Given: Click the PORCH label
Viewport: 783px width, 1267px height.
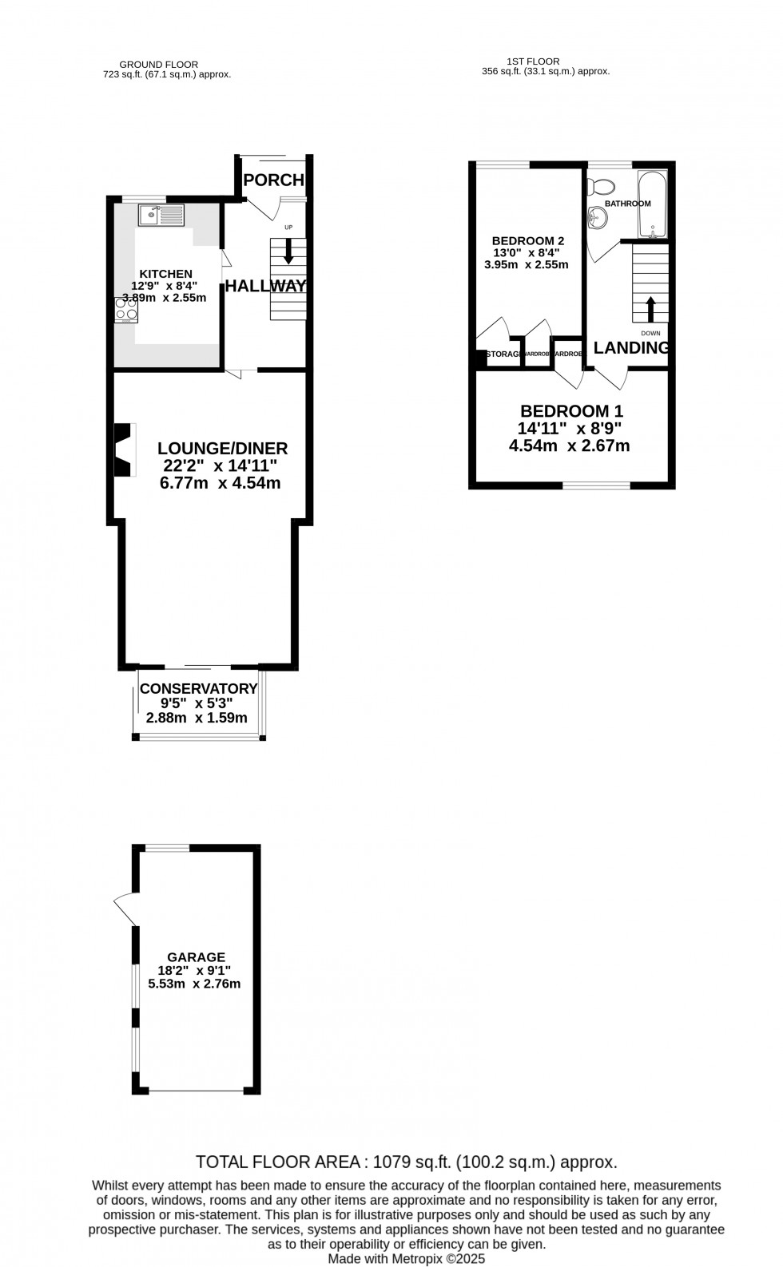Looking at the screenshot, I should click(x=274, y=180).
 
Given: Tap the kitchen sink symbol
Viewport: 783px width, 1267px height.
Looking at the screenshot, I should click(x=161, y=215).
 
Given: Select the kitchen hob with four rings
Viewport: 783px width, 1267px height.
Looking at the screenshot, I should click(x=126, y=309).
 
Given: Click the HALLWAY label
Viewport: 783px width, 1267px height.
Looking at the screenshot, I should click(x=266, y=286).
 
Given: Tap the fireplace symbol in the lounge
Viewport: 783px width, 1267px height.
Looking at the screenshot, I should click(x=123, y=449).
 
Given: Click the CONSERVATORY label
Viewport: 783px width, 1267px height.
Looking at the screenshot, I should click(x=198, y=689).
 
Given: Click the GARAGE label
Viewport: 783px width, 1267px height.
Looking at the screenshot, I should click(x=197, y=957).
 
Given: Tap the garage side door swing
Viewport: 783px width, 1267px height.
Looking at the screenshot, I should click(x=125, y=909).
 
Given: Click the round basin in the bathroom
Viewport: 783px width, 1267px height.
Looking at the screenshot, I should click(x=596, y=216).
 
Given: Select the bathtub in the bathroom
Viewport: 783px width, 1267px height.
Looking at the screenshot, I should click(x=652, y=204).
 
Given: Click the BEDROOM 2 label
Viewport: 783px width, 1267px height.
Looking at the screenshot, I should click(x=528, y=240).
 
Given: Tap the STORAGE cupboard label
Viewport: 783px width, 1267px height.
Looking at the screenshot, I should click(x=503, y=354).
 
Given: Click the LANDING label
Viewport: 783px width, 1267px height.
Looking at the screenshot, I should click(x=630, y=348).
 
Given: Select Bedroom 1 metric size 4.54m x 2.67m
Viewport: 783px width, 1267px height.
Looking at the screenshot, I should click(x=569, y=445).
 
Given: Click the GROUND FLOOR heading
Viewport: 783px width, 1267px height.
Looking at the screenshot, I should click(x=158, y=65).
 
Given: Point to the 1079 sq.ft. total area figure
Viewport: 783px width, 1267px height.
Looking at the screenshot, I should click(x=411, y=1162).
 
